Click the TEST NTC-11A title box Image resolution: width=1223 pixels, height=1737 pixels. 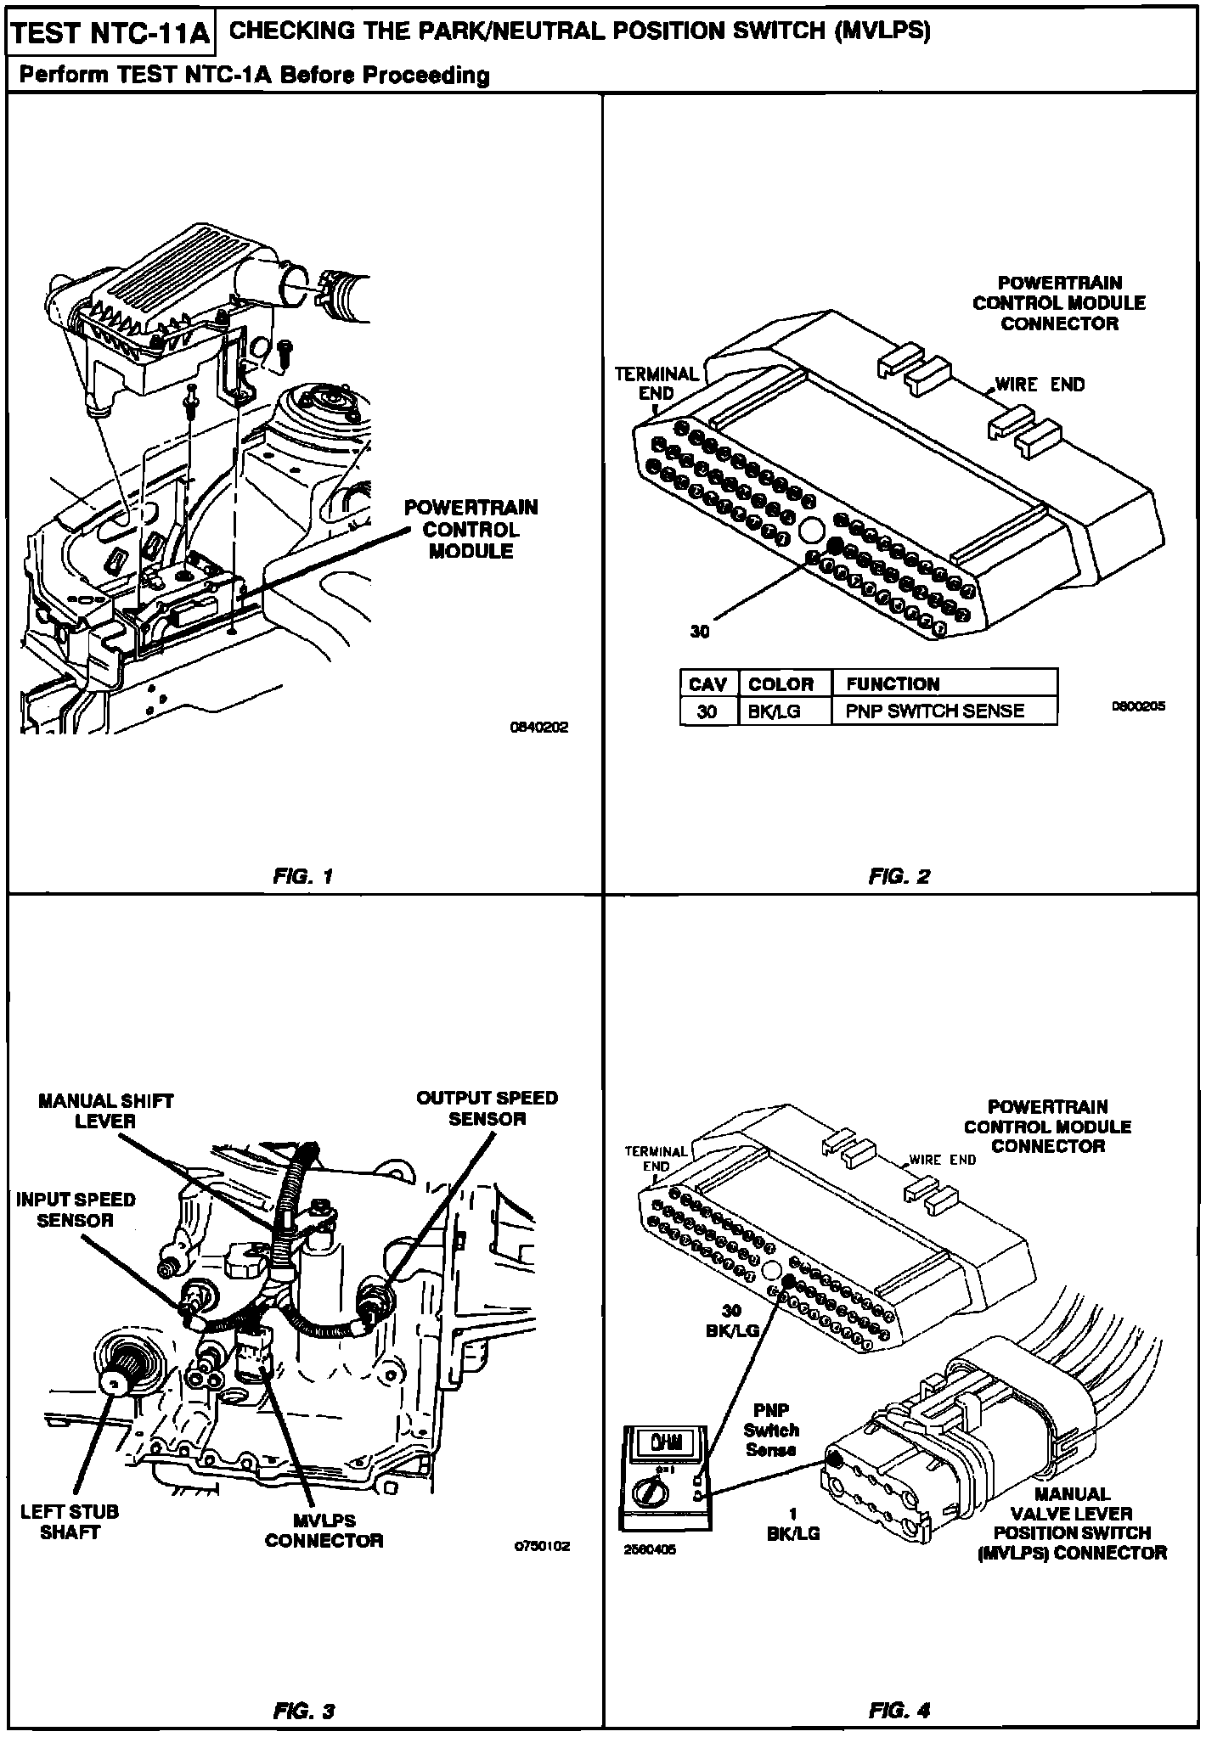point(110,34)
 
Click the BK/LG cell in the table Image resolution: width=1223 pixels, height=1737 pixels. point(774,711)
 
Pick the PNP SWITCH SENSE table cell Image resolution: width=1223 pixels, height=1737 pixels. point(934,711)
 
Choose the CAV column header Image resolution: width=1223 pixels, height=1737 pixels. point(707,684)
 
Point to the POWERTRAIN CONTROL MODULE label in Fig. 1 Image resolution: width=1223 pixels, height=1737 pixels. point(471,529)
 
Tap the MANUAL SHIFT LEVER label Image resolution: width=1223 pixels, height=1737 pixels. point(105,1110)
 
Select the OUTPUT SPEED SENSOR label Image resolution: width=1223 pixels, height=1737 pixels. point(487,1108)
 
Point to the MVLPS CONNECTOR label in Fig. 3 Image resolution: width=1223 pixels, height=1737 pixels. point(324,1530)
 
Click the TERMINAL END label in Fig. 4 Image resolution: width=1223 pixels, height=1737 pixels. point(656,1159)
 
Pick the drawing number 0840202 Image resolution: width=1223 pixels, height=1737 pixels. point(538,728)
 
